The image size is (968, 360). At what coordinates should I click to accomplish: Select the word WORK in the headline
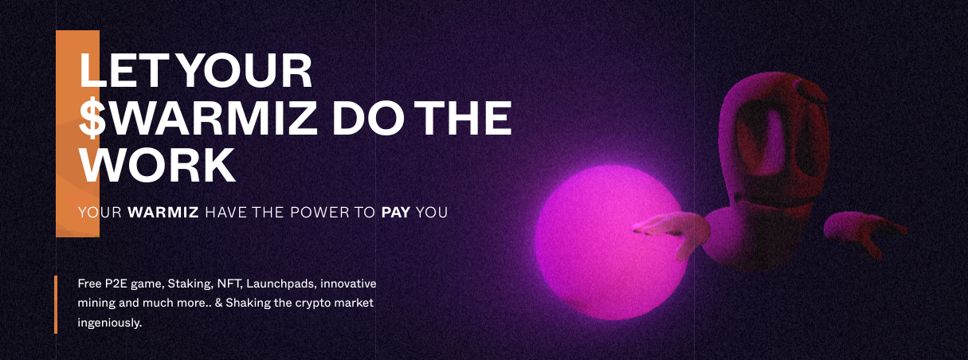(x=157, y=166)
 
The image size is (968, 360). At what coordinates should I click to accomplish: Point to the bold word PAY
(x=396, y=212)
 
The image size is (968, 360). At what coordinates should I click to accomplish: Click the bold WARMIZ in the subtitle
(x=163, y=212)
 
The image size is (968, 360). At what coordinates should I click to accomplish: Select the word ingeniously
(x=110, y=323)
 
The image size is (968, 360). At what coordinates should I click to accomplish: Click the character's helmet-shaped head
(x=774, y=138)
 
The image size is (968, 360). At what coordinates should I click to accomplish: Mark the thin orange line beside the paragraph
(x=56, y=305)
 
